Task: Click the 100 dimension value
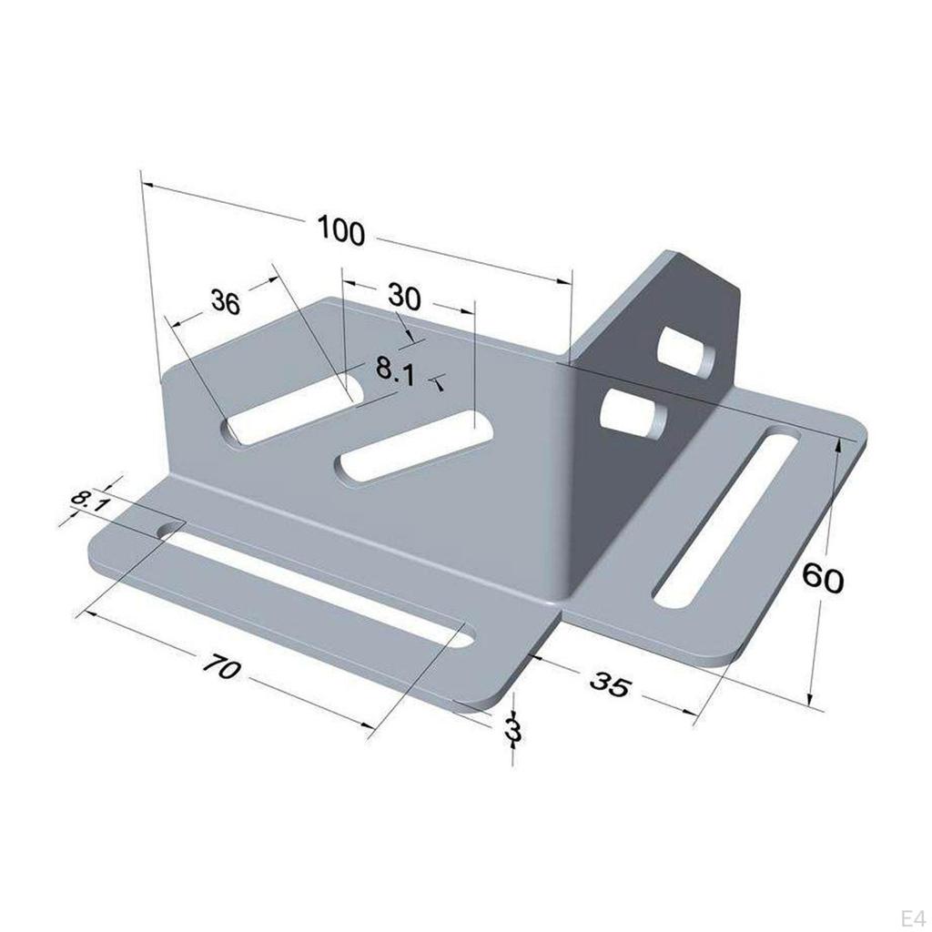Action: pos(341,231)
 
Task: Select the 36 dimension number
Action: pos(225,301)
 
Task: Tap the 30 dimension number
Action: pos(404,297)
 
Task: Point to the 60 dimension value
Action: pos(824,578)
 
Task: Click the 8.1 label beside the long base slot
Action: pos(89,501)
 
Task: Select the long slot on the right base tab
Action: pos(728,519)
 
